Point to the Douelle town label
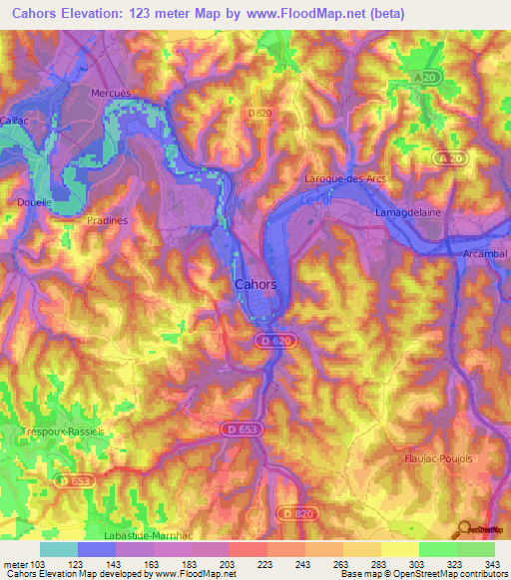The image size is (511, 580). [34, 202]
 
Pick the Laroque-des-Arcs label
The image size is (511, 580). [344, 178]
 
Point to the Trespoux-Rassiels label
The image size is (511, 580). [62, 432]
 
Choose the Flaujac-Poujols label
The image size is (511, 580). [437, 433]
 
